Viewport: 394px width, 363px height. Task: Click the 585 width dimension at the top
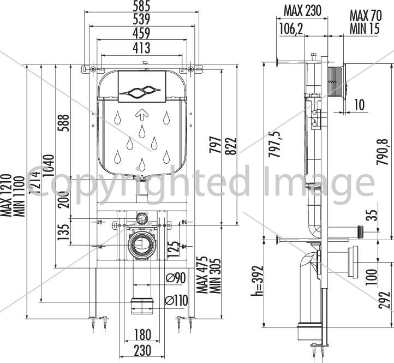click(x=141, y=6)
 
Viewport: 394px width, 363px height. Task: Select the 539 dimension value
click(x=141, y=19)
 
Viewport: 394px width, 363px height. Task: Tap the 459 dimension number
click(x=141, y=33)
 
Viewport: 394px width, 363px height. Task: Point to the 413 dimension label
click(x=141, y=48)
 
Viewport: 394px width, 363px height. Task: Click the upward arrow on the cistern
click(x=141, y=114)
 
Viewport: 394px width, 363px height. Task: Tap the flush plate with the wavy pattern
click(x=142, y=86)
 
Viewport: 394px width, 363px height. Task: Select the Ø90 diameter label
click(x=176, y=278)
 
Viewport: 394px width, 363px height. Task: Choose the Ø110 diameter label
click(x=176, y=300)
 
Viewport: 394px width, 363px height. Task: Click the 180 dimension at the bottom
click(x=142, y=335)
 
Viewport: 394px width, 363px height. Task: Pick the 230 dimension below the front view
click(x=142, y=350)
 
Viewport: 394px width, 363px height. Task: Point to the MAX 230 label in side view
click(x=302, y=10)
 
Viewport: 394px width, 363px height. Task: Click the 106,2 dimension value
click(x=291, y=28)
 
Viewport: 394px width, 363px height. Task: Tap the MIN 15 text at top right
click(x=365, y=28)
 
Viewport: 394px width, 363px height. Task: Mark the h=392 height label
click(x=258, y=281)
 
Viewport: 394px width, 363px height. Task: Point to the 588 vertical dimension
click(x=63, y=123)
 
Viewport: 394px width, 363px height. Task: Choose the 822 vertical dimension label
click(x=231, y=146)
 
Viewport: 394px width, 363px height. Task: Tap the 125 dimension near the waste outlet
click(x=174, y=249)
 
